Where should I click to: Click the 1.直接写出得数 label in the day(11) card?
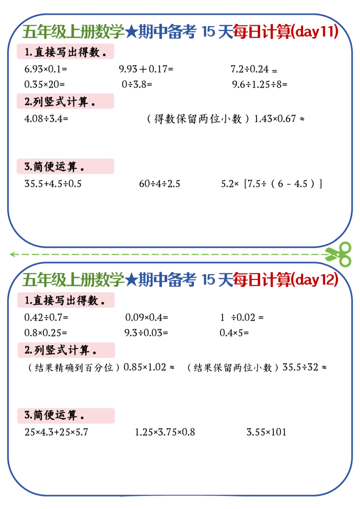coord(65,52)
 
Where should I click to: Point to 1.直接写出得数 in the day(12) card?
coord(65,300)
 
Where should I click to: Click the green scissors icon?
coord(338,254)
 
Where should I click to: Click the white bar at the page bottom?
coord(184,501)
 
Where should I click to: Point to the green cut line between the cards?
coord(171,254)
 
